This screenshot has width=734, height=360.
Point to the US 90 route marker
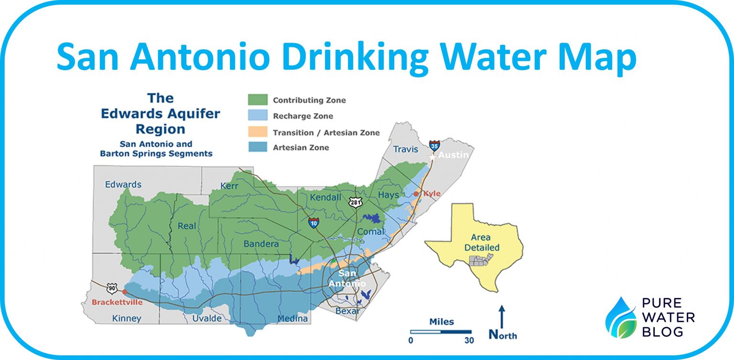pos(111,287)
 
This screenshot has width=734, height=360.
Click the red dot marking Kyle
pos(416,194)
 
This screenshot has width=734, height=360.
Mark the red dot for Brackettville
pos(125,291)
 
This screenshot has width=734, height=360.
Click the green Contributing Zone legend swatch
pos(257,100)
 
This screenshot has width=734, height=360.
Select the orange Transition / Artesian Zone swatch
pos(257,132)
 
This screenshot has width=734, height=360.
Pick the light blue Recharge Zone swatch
pos(257,116)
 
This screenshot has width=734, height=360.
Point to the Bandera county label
pos(261,244)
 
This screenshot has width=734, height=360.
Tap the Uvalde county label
pos(207,318)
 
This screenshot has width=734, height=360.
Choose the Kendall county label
pos(325,197)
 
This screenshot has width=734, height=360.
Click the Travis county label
pos(405,149)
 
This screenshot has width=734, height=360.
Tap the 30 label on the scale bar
pos(469,341)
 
